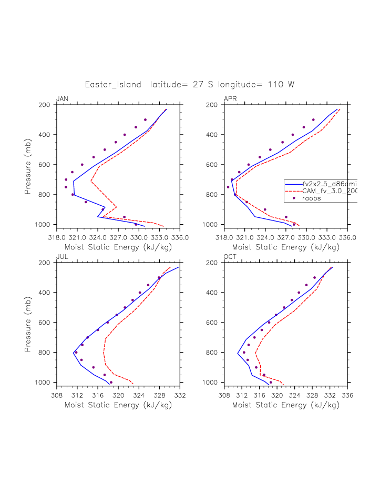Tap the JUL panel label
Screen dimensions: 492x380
(61, 257)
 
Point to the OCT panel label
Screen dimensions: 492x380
(231, 257)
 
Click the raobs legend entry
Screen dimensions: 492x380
(312, 198)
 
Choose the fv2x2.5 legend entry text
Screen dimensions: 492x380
(330, 184)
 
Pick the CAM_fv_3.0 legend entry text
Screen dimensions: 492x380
(330, 191)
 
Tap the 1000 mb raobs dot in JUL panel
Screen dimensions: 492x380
(111, 383)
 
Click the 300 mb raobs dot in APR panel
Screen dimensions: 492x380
(313, 120)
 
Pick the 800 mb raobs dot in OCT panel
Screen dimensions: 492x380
(244, 353)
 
